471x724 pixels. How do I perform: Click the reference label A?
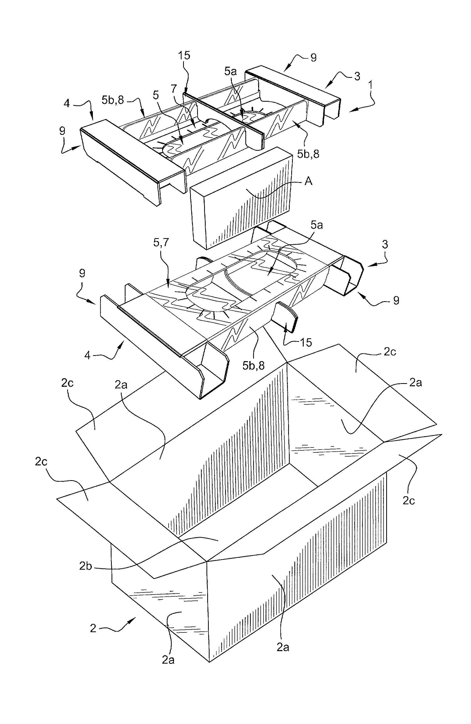308,181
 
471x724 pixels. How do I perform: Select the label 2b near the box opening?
85,566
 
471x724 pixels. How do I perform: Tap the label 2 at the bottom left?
93,628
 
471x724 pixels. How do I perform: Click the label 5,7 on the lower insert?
161,243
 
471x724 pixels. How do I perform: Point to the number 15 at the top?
184,55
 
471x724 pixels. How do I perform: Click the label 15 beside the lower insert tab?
306,342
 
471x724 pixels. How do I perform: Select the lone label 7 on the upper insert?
173,88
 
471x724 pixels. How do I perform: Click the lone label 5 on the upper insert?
156,95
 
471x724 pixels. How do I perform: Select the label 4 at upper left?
67,104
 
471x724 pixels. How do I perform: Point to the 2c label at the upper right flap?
390,352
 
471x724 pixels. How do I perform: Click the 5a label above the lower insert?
316,225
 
